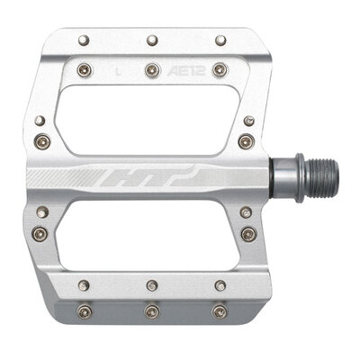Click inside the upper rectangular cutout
pos(151,113)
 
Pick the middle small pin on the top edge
pos(151,40)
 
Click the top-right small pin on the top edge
pos(220,40)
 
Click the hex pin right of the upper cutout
pos(245,139)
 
